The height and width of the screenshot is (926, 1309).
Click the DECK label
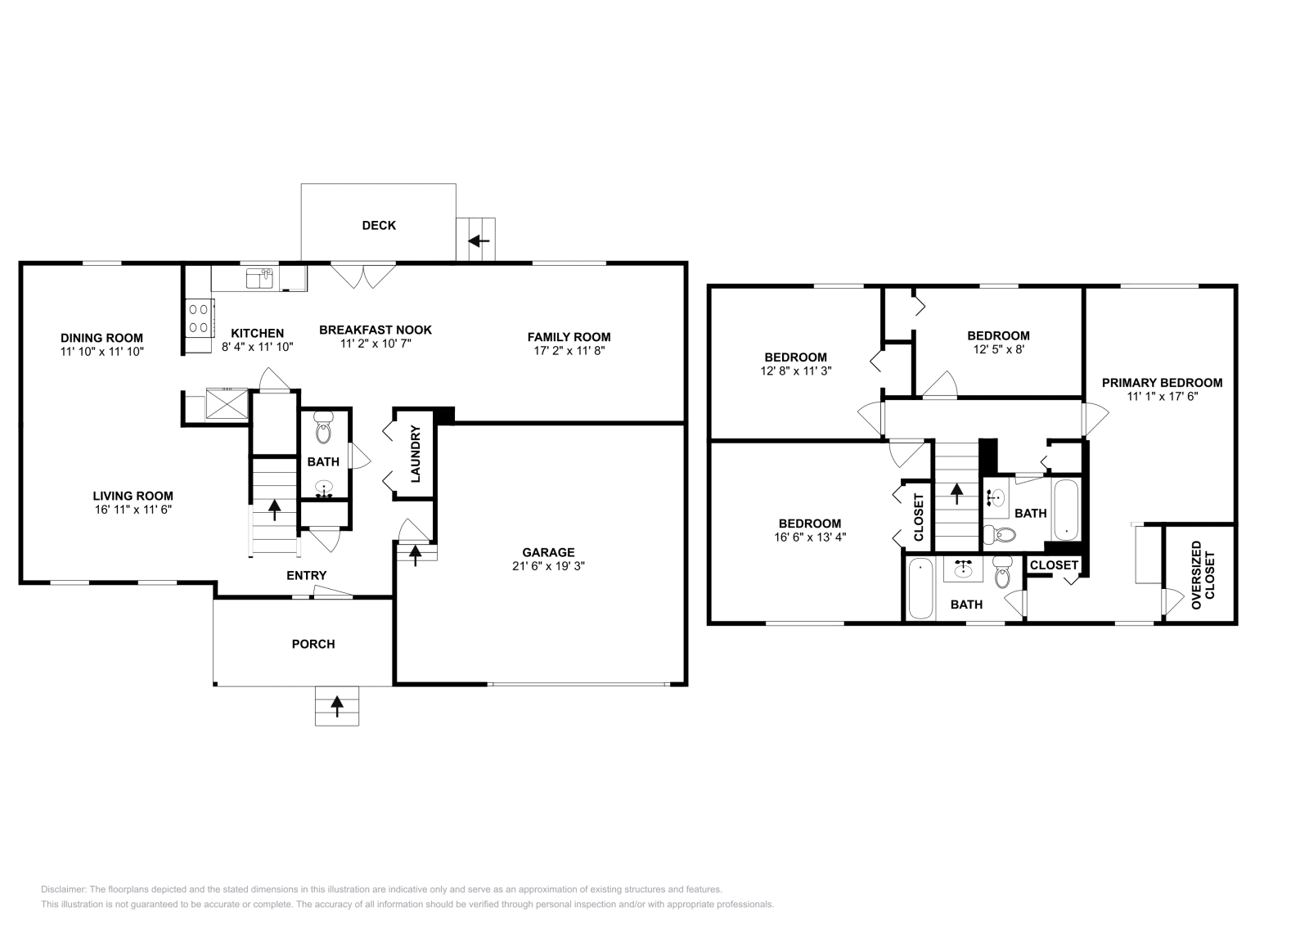379,225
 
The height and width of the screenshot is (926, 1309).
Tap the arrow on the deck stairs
479,240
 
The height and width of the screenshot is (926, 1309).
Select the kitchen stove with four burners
199,318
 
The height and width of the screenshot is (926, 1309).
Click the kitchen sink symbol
259,278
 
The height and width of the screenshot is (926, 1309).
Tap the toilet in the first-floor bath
324,425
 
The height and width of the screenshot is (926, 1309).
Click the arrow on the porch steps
337,704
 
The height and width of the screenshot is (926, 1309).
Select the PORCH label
313,644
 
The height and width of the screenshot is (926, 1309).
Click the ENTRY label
307,576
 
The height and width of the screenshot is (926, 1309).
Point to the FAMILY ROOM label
569,337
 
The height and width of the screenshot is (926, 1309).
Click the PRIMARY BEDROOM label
1162,383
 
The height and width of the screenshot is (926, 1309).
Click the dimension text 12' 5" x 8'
998,348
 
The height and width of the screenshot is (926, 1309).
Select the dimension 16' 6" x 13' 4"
809,537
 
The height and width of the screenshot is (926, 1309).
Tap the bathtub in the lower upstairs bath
920,589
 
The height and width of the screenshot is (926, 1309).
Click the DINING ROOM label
101,338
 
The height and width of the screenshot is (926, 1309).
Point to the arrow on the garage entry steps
416,555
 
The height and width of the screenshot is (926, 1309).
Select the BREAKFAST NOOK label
376,330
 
